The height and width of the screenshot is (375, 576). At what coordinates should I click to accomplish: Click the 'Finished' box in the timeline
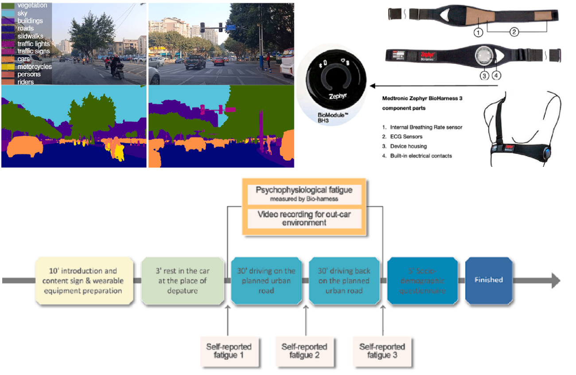coord(489,280)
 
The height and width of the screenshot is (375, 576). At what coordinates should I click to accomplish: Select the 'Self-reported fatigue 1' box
coord(229,351)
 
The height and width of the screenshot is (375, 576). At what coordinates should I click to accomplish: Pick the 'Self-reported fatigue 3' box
coord(382,351)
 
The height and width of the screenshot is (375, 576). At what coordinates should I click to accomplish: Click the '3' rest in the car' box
coord(183,280)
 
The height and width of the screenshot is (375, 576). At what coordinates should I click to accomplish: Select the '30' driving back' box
coord(344,280)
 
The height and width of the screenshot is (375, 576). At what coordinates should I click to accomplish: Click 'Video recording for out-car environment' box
coord(304,218)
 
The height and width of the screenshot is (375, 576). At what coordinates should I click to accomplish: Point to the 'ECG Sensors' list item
coord(406,137)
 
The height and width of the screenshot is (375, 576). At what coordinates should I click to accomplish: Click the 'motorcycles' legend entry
coord(34,67)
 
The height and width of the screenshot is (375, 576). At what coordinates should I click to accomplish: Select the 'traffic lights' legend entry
coord(33,43)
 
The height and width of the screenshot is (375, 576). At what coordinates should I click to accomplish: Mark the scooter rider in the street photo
coord(117,67)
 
